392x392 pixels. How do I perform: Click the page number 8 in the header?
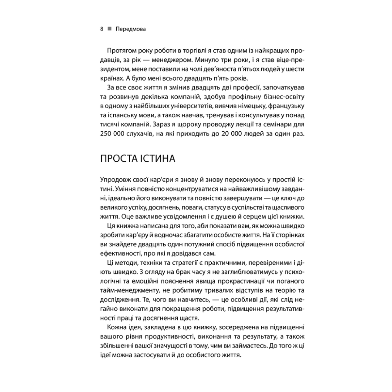pyautogui.click(x=102, y=29)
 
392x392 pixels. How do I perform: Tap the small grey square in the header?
pyautogui.click(x=109, y=29)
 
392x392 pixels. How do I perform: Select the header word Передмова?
pyautogui.click(x=131, y=29)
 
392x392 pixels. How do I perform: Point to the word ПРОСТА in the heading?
pyautogui.click(x=117, y=159)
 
